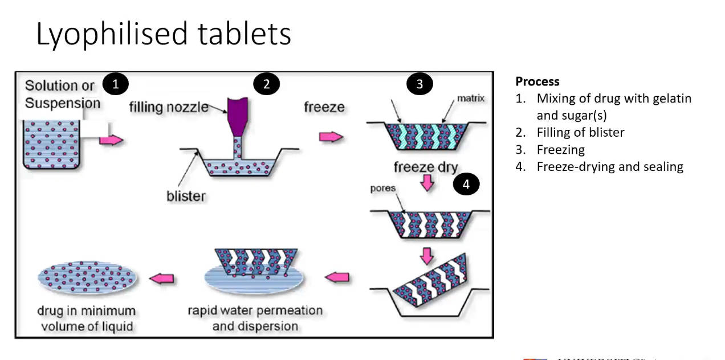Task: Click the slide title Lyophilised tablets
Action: click(164, 34)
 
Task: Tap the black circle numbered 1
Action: click(116, 84)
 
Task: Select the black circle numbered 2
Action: click(266, 84)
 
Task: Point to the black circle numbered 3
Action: click(419, 84)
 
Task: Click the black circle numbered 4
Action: click(466, 184)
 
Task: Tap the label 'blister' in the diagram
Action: click(186, 196)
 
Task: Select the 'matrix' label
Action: click(471, 99)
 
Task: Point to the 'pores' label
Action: click(383, 189)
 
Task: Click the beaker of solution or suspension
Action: click(52, 144)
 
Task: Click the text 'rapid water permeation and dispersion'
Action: click(255, 318)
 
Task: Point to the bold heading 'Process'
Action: click(537, 81)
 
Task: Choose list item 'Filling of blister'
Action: click(580, 133)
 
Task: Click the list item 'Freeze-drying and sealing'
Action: click(609, 167)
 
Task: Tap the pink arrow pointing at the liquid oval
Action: click(162, 279)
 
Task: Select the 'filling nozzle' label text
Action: click(168, 107)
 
